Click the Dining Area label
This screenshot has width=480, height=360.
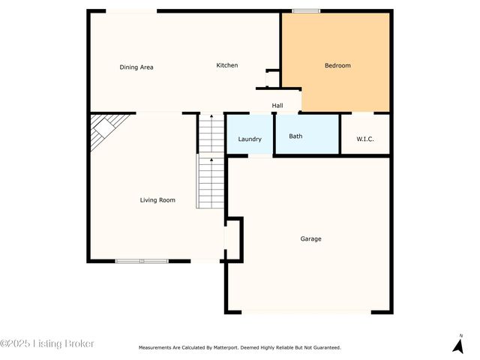[136, 67]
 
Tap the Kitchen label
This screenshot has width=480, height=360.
[227, 65]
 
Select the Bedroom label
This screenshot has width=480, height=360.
[337, 65]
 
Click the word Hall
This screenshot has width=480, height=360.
[277, 106]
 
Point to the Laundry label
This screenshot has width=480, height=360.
[250, 139]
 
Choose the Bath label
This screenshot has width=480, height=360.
[296, 136]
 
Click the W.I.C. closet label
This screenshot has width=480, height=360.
[365, 139]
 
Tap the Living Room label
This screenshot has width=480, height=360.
[157, 200]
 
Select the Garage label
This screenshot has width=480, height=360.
[311, 239]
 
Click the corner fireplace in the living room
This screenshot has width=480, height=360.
[103, 129]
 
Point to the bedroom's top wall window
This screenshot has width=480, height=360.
[306, 10]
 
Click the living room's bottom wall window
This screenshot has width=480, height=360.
[142, 261]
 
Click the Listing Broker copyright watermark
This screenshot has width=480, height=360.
[47, 343]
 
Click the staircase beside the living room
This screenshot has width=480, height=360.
[211, 161]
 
